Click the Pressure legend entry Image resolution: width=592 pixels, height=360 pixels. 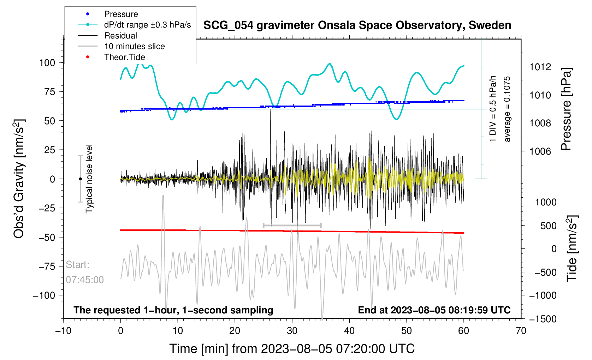121,14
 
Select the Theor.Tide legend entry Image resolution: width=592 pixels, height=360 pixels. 124,57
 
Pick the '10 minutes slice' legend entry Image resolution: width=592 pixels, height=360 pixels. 134,46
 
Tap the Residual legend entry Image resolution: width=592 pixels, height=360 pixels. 120,36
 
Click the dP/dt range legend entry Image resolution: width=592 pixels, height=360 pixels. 147,25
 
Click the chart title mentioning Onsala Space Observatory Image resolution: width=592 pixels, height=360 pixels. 357,25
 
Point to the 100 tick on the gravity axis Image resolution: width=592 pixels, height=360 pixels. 47,63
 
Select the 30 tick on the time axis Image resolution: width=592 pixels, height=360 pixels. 292,331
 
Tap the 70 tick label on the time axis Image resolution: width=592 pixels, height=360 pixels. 521,331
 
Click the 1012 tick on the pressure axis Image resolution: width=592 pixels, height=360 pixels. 540,67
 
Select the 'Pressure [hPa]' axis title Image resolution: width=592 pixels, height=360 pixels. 566,109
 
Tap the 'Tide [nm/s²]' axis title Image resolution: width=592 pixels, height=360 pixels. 572,248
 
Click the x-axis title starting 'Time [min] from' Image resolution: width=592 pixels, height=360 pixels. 292,349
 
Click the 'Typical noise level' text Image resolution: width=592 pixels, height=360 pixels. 89,179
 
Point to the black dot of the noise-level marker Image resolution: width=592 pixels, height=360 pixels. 80,179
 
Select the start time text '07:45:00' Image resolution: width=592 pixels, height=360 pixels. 85,280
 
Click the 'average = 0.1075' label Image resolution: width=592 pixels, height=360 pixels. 507,109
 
